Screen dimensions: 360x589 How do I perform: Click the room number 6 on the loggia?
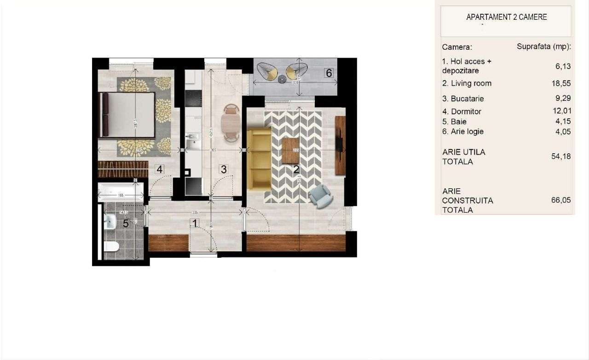(329, 73)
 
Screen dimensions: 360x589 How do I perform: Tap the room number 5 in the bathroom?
(126, 224)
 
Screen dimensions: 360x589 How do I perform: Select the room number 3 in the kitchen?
(224, 169)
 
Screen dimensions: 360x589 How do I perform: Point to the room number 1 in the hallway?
(195, 224)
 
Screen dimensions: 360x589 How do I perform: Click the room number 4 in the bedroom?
(160, 169)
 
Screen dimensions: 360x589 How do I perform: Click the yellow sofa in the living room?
(259, 159)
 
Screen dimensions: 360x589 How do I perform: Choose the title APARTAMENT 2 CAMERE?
(507, 17)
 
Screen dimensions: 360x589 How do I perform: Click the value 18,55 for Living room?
(563, 83)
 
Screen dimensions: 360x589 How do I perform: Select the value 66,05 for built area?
(561, 200)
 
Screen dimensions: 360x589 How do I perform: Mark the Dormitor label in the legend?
(462, 111)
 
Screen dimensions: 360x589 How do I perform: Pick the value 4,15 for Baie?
(563, 122)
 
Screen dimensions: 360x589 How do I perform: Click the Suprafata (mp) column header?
(544, 47)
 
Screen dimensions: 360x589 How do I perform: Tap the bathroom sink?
(110, 222)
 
